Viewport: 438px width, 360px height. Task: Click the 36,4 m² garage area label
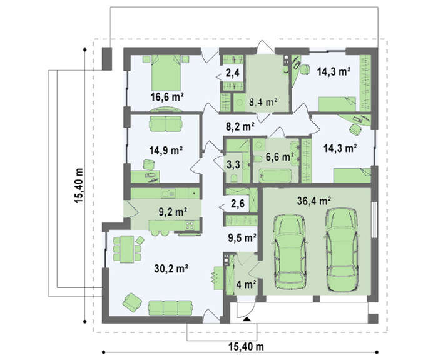pos(314,201)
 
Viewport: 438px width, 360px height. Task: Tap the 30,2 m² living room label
pos(171,269)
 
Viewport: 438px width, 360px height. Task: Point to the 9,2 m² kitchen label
pos(173,212)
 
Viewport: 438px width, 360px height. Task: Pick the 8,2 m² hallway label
pos(240,126)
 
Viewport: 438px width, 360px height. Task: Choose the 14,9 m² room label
pos(166,151)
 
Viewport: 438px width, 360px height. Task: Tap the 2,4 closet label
pos(233,73)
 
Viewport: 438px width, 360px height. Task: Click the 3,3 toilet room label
pos(233,164)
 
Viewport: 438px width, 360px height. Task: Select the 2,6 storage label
pos(238,204)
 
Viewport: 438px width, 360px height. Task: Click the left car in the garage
pos(290,251)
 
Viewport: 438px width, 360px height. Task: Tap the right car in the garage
pos(342,250)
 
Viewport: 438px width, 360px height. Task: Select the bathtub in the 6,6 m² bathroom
pos(275,176)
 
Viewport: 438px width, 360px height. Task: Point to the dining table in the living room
pos(127,249)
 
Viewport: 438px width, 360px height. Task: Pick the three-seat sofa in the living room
pos(170,308)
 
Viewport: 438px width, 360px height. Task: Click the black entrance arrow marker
pos(247,319)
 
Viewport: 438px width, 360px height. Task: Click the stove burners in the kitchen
pos(190,225)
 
